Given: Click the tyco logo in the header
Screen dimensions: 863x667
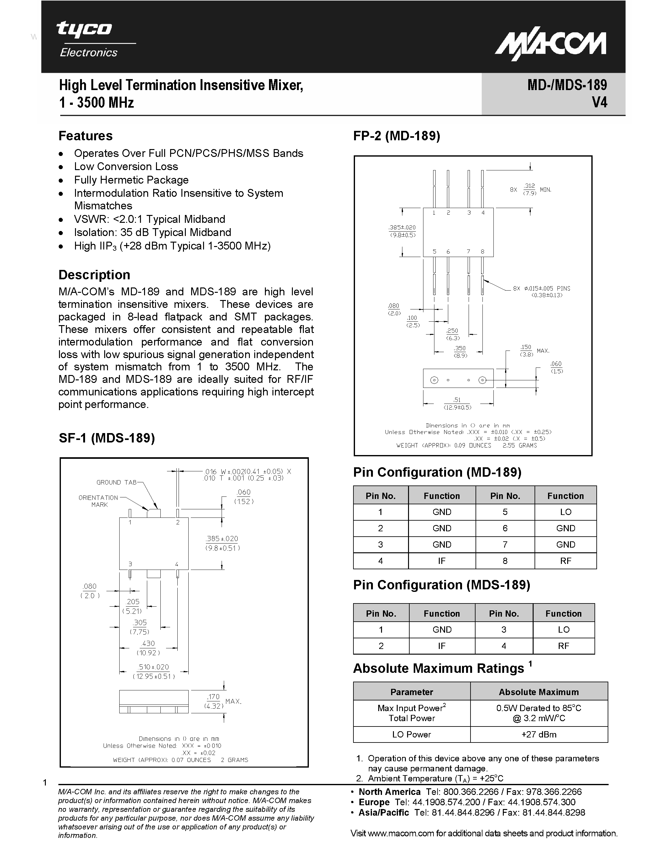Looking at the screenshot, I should coord(84,29).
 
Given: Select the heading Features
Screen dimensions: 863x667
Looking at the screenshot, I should coord(85,136).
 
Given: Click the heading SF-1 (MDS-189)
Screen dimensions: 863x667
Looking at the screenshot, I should coord(107,438).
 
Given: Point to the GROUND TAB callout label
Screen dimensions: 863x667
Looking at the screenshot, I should coord(116,482).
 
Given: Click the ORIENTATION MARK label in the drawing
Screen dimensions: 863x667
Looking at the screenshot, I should coord(98,501).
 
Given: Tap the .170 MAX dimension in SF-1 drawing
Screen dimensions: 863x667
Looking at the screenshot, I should coord(221,701).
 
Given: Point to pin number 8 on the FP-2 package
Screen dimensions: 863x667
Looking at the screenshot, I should coord(482,251).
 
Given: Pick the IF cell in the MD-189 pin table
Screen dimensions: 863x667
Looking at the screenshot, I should coord(441,561).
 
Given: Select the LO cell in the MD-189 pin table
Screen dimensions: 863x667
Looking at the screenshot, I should coord(565,512).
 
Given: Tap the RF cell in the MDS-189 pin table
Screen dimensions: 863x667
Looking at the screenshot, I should coord(563,646).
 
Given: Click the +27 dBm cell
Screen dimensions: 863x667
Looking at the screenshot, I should coord(539,735).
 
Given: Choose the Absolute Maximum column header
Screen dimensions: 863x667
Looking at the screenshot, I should coord(539,692).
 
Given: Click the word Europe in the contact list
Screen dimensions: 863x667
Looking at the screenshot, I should coord(374,802).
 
